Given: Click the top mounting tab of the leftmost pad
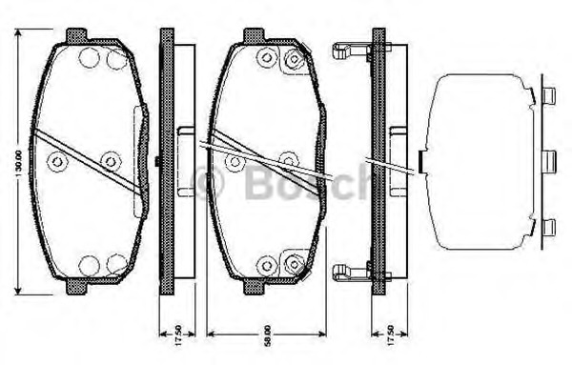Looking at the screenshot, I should coord(76,35).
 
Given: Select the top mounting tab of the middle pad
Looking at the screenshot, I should coord(254,35).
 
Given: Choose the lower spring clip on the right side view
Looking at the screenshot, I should coord(350,274).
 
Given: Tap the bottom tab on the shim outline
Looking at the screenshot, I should coord(548,226).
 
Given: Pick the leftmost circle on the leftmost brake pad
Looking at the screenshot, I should coord(57,163).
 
